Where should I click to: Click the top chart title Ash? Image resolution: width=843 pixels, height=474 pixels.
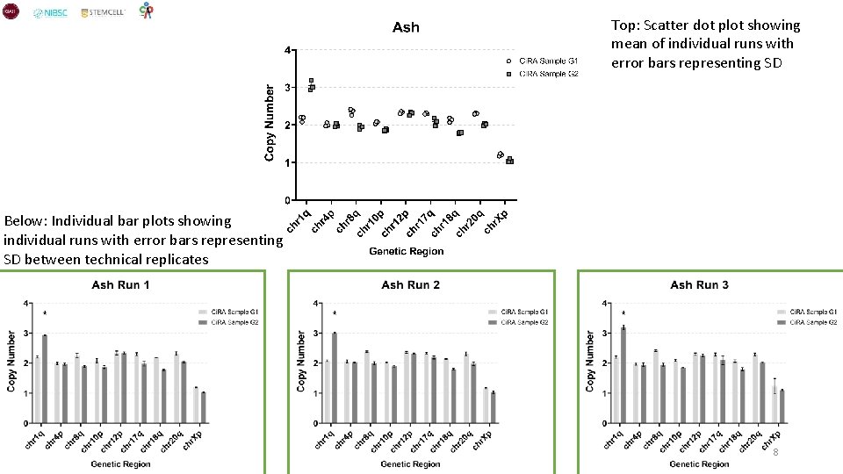pyautogui.click(x=406, y=27)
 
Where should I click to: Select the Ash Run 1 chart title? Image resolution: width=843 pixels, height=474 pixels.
pyautogui.click(x=121, y=284)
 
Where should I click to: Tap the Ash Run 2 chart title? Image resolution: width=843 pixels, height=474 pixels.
pyautogui.click(x=410, y=284)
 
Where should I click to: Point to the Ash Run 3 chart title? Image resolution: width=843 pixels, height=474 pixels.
pyautogui.click(x=699, y=284)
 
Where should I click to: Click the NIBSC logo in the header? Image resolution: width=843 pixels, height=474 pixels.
pyautogui.click(x=50, y=13)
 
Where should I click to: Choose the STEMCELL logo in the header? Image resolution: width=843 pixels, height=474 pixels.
pyautogui.click(x=103, y=13)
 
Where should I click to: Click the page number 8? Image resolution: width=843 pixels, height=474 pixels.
pyautogui.click(x=775, y=451)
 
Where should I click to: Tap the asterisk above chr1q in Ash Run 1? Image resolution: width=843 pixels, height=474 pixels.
pyautogui.click(x=45, y=313)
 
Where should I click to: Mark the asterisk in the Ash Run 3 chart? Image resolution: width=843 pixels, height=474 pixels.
pyautogui.click(x=623, y=313)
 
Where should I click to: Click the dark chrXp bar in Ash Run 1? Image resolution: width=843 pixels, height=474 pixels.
pyautogui.click(x=202, y=407)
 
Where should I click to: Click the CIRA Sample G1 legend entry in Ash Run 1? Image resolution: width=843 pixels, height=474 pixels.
pyautogui.click(x=230, y=312)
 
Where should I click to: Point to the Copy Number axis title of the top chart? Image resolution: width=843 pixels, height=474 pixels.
pyautogui.click(x=270, y=123)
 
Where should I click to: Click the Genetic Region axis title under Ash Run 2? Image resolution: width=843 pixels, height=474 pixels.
pyautogui.click(x=411, y=463)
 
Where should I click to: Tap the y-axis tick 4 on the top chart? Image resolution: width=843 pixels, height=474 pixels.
pyautogui.click(x=288, y=50)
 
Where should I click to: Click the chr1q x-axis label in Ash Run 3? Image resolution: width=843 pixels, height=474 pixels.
pyautogui.click(x=615, y=439)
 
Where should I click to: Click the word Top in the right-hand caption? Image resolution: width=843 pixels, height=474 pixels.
pyautogui.click(x=624, y=25)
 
